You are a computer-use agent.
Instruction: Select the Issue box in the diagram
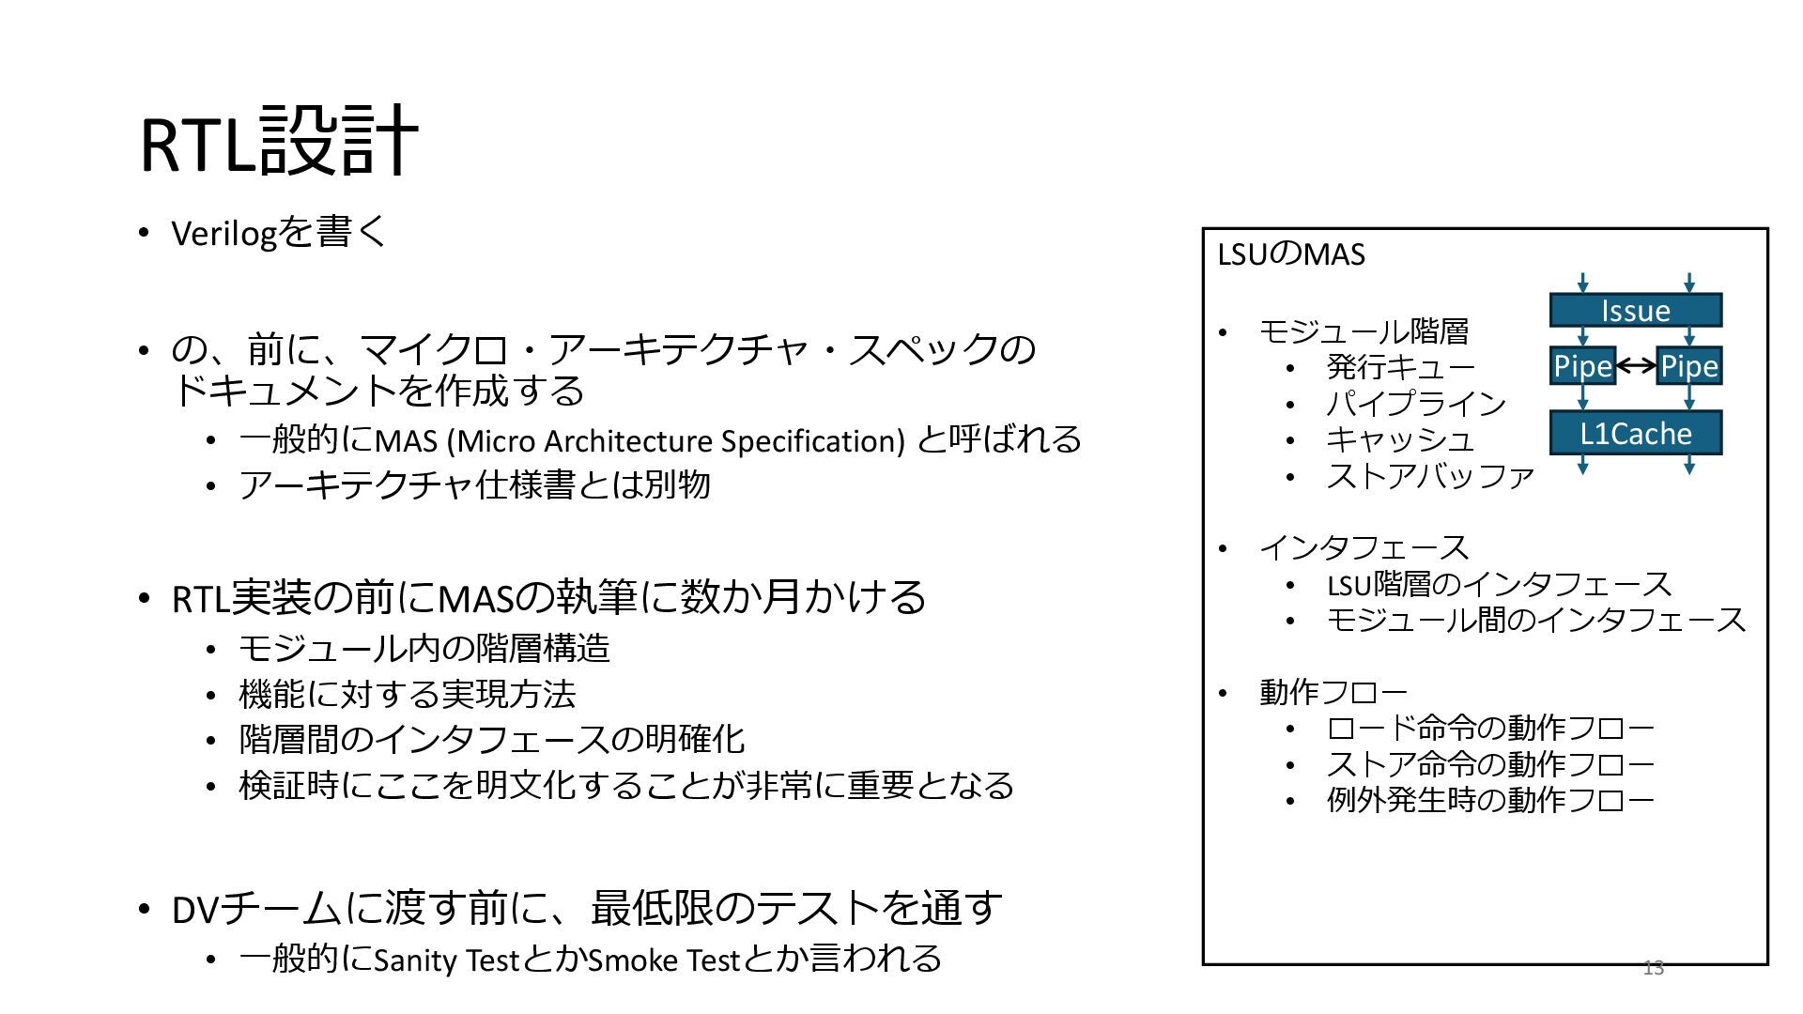[x=1635, y=311]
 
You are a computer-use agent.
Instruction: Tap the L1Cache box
[x=1635, y=433]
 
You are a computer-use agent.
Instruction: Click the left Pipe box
[x=1581, y=366]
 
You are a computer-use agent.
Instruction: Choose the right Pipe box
[x=1688, y=366]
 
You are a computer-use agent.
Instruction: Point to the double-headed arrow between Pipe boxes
[x=1635, y=366]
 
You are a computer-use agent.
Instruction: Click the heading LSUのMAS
[x=1290, y=254]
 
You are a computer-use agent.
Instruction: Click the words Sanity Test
[x=446, y=960]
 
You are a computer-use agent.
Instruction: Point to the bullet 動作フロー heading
[x=1333, y=693]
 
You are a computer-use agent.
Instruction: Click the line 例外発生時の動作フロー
[x=1489, y=801]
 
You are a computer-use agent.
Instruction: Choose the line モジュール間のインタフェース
[x=1535, y=621]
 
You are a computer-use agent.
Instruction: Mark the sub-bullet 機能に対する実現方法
[x=407, y=695]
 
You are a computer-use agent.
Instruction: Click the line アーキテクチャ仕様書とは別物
[x=474, y=485]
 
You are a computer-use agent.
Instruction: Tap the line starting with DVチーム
[x=587, y=908]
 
